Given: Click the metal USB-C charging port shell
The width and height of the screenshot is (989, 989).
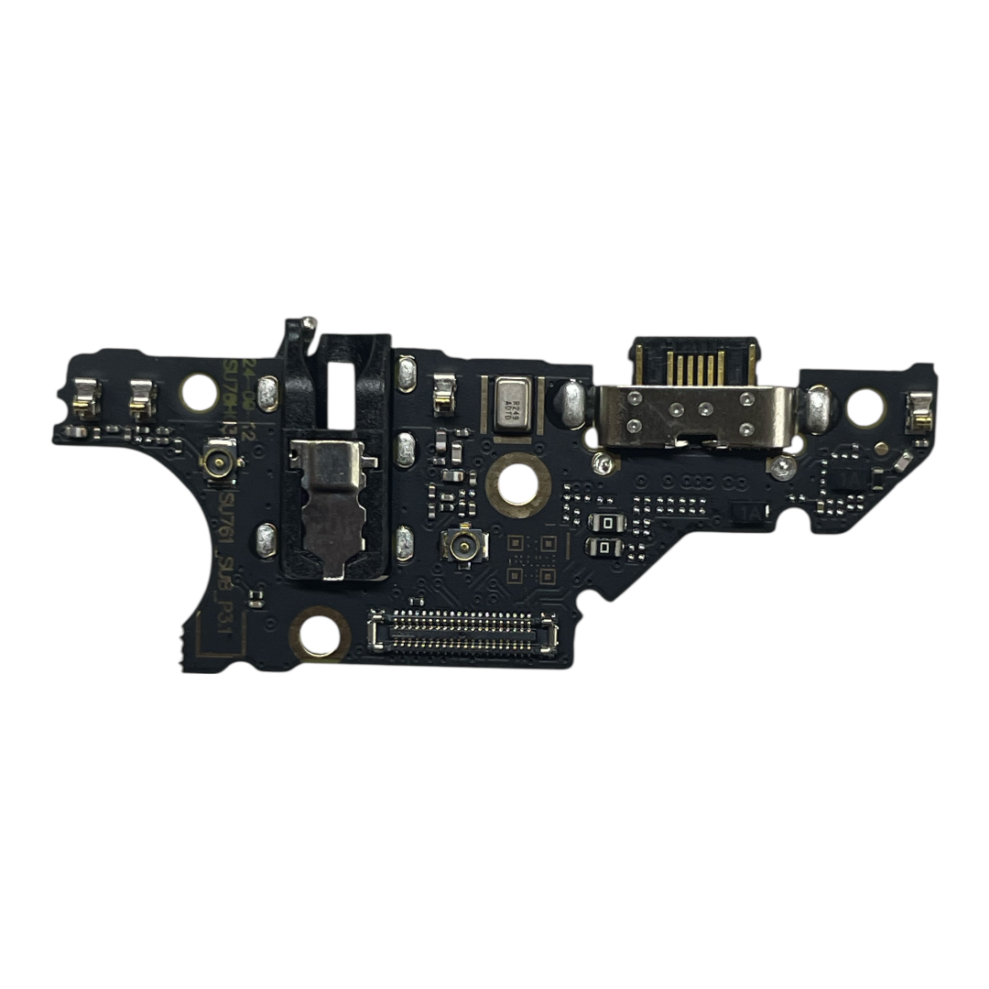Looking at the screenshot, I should (693, 416).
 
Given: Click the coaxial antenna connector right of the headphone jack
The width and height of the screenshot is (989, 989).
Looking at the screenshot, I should (457, 547).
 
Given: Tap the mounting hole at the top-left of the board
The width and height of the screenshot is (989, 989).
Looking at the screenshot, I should (199, 393).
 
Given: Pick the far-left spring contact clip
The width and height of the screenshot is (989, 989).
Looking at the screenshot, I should (86, 397).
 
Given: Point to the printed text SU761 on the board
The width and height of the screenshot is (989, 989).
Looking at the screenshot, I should (227, 518).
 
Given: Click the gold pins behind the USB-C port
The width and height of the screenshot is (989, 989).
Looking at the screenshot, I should (693, 366).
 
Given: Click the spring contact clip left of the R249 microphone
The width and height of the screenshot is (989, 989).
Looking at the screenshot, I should (445, 394).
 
